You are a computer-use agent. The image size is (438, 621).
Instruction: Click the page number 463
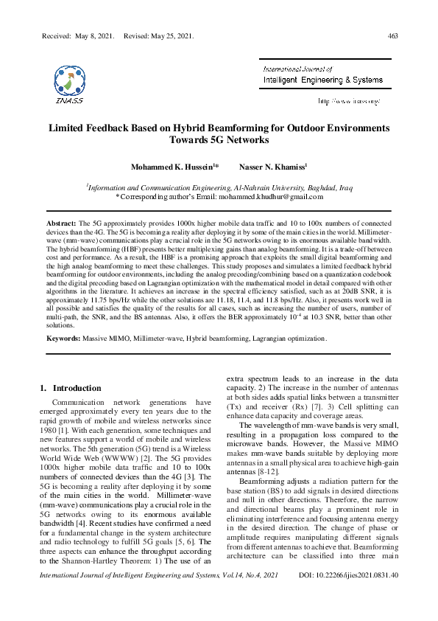(x=392, y=35)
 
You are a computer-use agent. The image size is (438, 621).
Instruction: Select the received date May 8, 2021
(x=91, y=35)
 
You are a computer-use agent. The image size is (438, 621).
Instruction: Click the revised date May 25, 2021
(x=169, y=35)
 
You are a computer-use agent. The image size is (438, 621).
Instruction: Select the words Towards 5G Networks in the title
(x=219, y=139)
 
